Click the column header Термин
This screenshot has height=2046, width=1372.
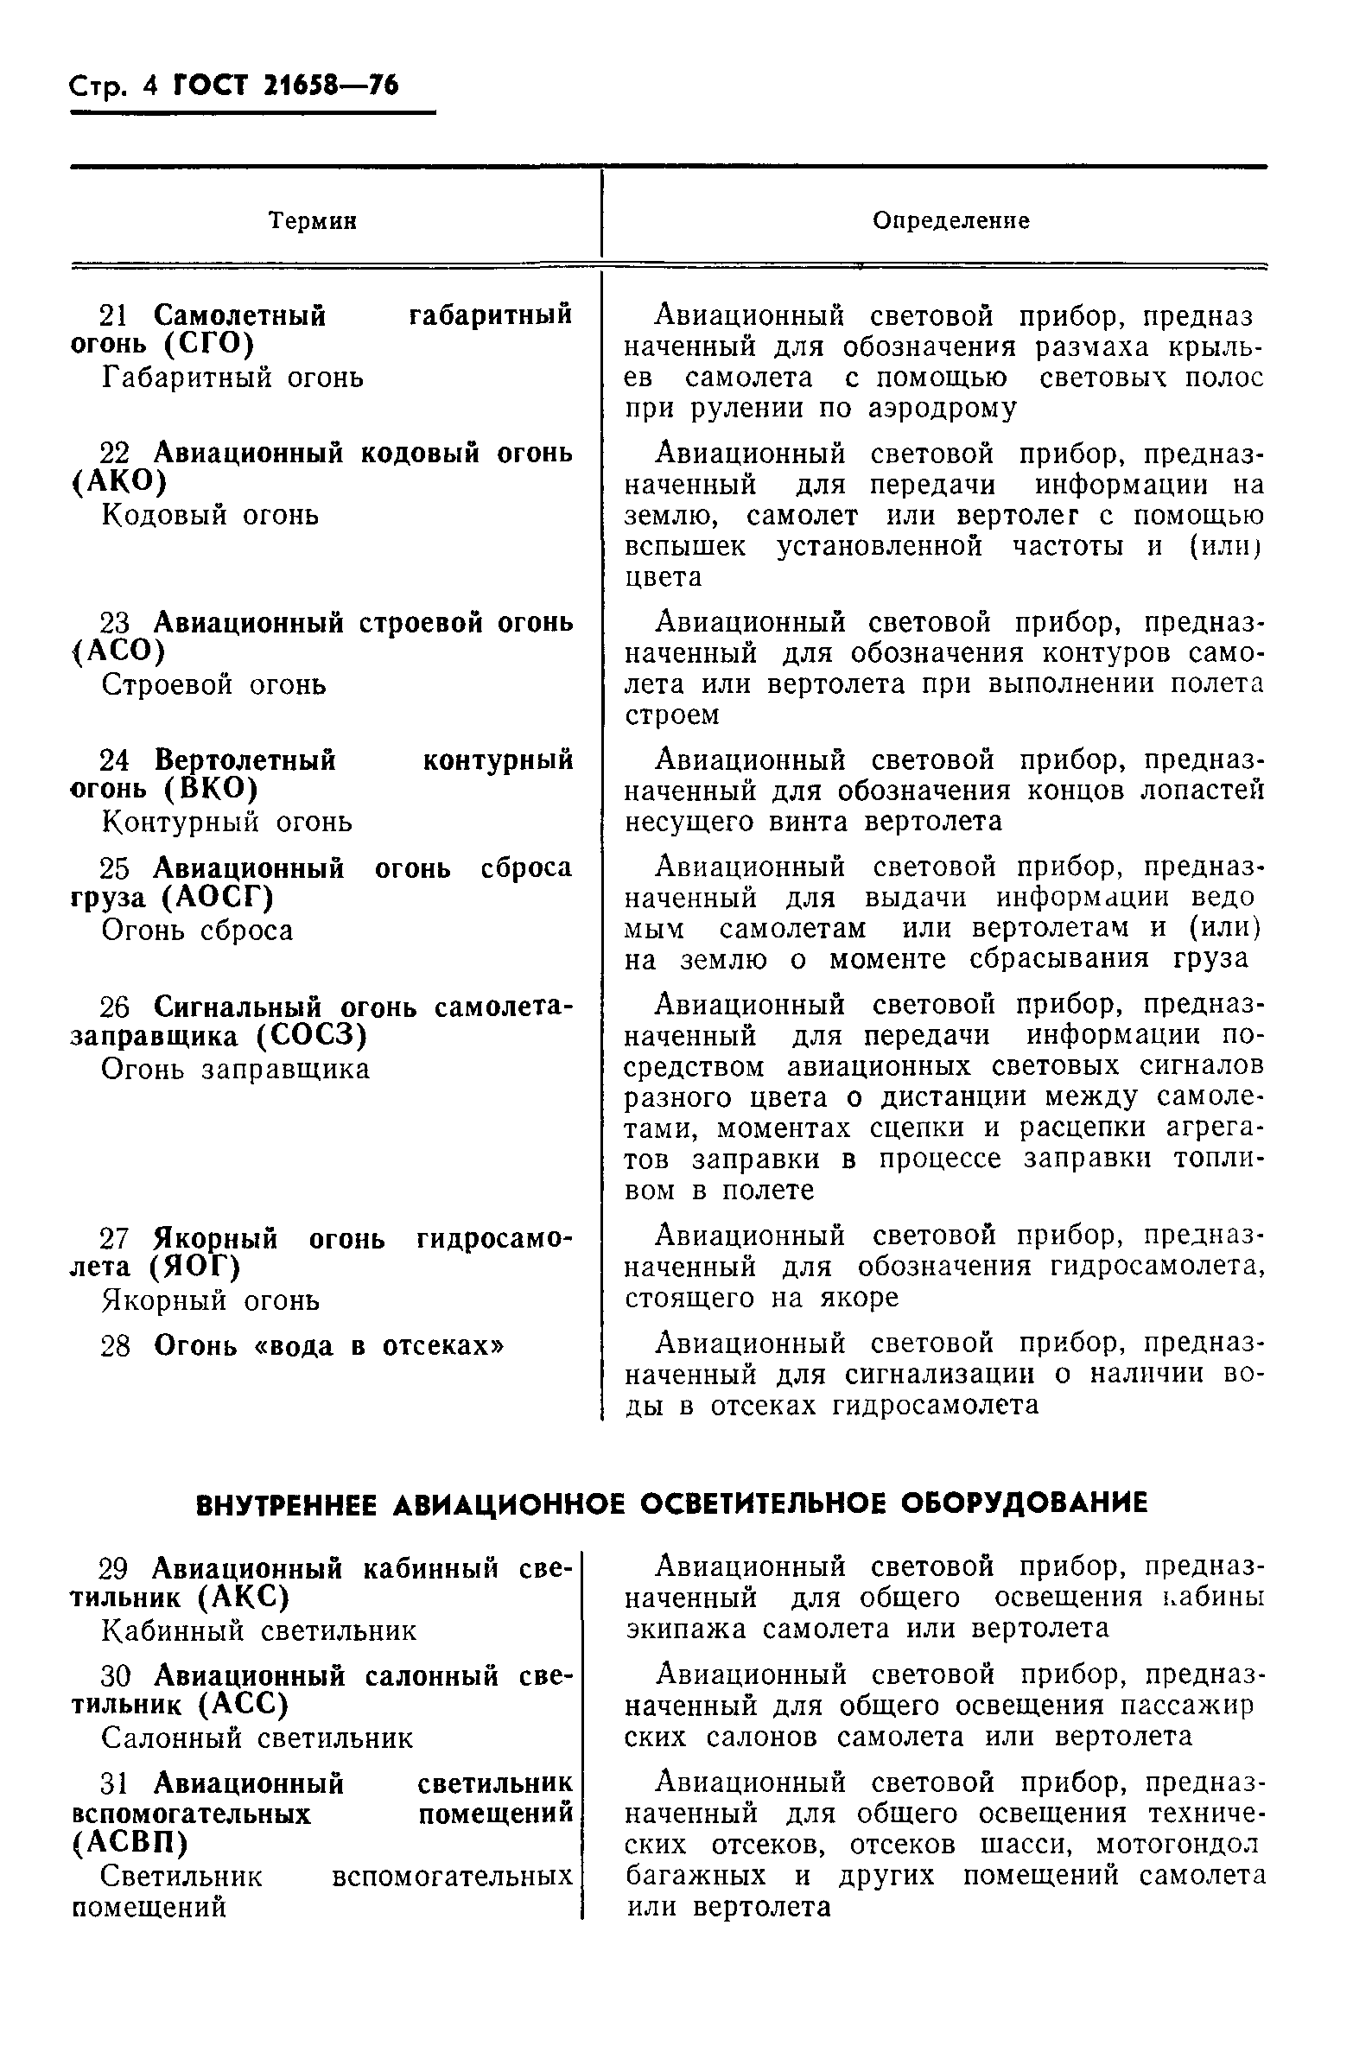point(313,220)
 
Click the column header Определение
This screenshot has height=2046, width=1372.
point(950,220)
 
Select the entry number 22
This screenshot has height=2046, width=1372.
point(114,454)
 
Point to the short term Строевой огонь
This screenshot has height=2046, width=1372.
point(213,684)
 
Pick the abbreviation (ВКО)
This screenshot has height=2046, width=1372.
point(210,790)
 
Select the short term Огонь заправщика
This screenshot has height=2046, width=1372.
point(235,1070)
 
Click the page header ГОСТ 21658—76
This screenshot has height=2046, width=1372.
point(285,86)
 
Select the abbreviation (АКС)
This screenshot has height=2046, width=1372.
point(243,1598)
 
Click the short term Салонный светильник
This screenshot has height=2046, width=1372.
point(257,1738)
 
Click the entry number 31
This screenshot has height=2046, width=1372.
point(114,1783)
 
